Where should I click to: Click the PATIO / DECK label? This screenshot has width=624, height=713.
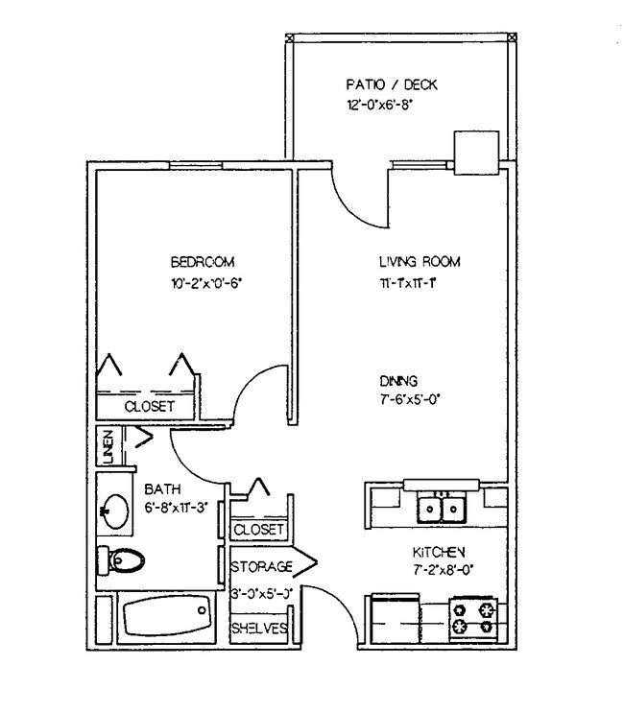coord(391,84)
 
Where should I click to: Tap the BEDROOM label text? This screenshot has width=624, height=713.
coord(203,261)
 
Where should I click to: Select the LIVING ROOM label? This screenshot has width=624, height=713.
coord(420,261)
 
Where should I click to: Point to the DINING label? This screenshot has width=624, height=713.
coord(397,380)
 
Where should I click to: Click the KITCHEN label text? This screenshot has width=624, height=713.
coord(439,552)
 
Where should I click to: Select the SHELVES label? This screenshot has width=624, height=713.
coord(259,629)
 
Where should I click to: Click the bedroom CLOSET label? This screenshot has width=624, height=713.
coord(150,407)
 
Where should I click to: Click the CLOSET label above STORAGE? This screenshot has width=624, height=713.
coord(259,530)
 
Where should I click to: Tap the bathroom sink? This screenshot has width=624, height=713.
coord(115,511)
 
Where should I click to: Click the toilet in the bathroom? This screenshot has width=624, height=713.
coord(120,559)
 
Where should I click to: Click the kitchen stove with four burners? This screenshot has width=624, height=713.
coord(473,618)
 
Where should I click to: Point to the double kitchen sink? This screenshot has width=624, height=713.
coord(442,506)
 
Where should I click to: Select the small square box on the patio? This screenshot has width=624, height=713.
coord(474,154)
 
